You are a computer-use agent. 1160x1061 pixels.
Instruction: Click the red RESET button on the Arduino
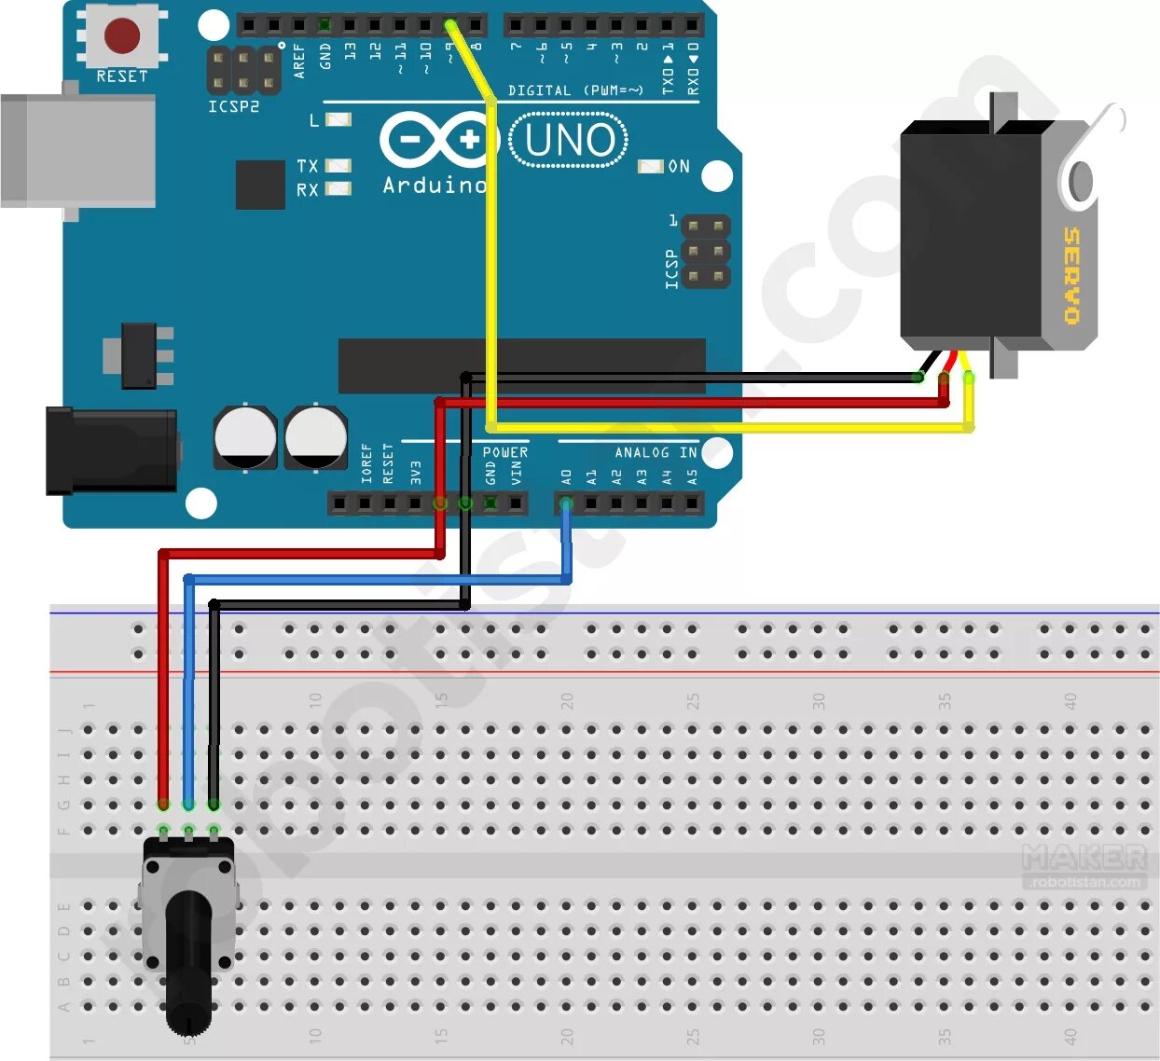coord(122,35)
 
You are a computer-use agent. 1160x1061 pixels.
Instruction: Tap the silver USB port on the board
coord(78,149)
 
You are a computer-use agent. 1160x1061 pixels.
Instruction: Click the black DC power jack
coord(112,451)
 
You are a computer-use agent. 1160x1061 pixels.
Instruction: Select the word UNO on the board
coord(570,141)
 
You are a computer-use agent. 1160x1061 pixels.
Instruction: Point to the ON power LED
coord(650,166)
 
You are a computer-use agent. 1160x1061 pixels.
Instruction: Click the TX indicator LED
coord(338,166)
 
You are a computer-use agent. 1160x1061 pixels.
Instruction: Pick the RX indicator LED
coord(338,188)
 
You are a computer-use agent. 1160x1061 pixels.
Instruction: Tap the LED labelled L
coord(338,119)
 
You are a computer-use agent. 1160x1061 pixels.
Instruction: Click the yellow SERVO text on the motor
coord(1072,275)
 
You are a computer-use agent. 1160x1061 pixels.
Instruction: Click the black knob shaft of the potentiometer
coord(189,960)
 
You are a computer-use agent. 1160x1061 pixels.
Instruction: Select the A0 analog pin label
coord(566,476)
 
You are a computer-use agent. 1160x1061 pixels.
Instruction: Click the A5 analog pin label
coord(692,476)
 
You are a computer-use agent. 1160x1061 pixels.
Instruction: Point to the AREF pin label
coord(299,59)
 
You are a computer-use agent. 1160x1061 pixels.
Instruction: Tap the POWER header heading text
coord(504,452)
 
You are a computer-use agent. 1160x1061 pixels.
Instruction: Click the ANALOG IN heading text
coord(656,452)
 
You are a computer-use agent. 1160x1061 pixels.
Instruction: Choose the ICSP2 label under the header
coord(233,106)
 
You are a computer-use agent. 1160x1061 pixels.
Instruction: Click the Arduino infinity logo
coord(435,141)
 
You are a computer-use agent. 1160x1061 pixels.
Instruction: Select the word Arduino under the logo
coord(435,186)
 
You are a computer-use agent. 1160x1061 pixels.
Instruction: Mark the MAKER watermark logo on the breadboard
coord(1084,857)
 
